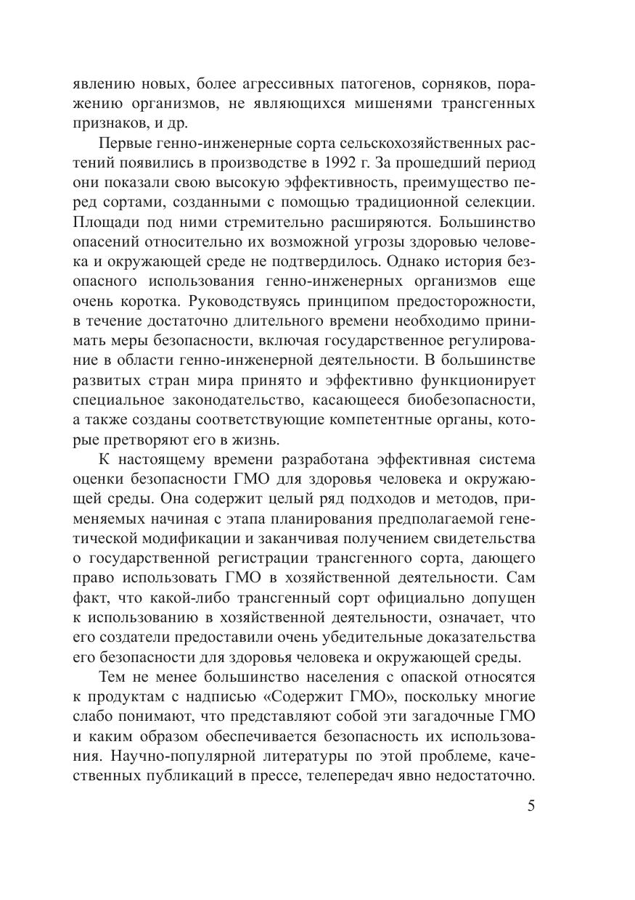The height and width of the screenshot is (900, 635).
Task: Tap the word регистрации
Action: point(261,558)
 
